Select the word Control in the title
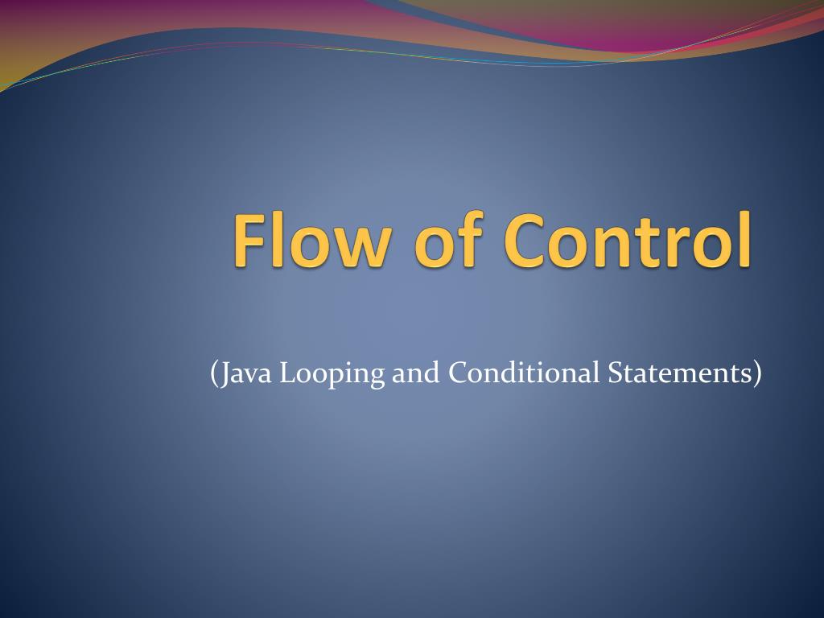tap(628, 239)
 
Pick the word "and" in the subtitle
tap(416, 373)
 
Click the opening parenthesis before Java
tap(214, 373)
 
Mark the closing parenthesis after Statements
tap(756, 373)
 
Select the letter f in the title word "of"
tap(471, 238)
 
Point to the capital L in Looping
tap(289, 373)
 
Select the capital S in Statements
tap(616, 373)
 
